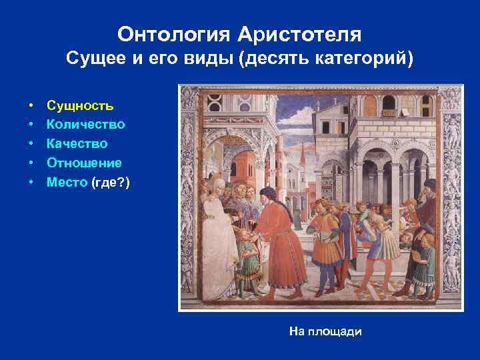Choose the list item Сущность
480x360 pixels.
coord(79,105)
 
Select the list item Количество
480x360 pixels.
coord(85,124)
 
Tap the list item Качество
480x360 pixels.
coord(77,143)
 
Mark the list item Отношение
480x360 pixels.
coord(84,163)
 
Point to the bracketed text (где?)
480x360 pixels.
coord(111,181)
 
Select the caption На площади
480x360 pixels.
coord(325,331)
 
